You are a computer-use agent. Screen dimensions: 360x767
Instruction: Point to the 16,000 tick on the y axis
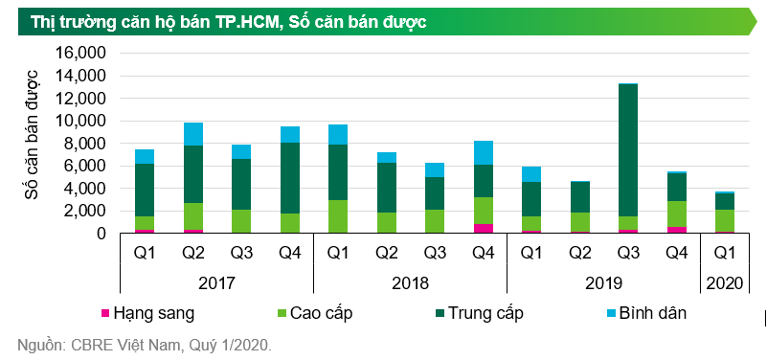click(x=80, y=54)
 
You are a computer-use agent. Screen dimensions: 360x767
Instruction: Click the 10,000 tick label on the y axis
click(x=80, y=121)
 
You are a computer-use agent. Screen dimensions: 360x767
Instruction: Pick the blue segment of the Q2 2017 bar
click(x=193, y=134)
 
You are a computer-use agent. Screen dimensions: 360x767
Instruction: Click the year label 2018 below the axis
click(x=410, y=283)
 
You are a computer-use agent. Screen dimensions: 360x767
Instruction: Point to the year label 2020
click(x=724, y=283)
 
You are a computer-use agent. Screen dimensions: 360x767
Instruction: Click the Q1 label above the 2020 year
click(x=724, y=255)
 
